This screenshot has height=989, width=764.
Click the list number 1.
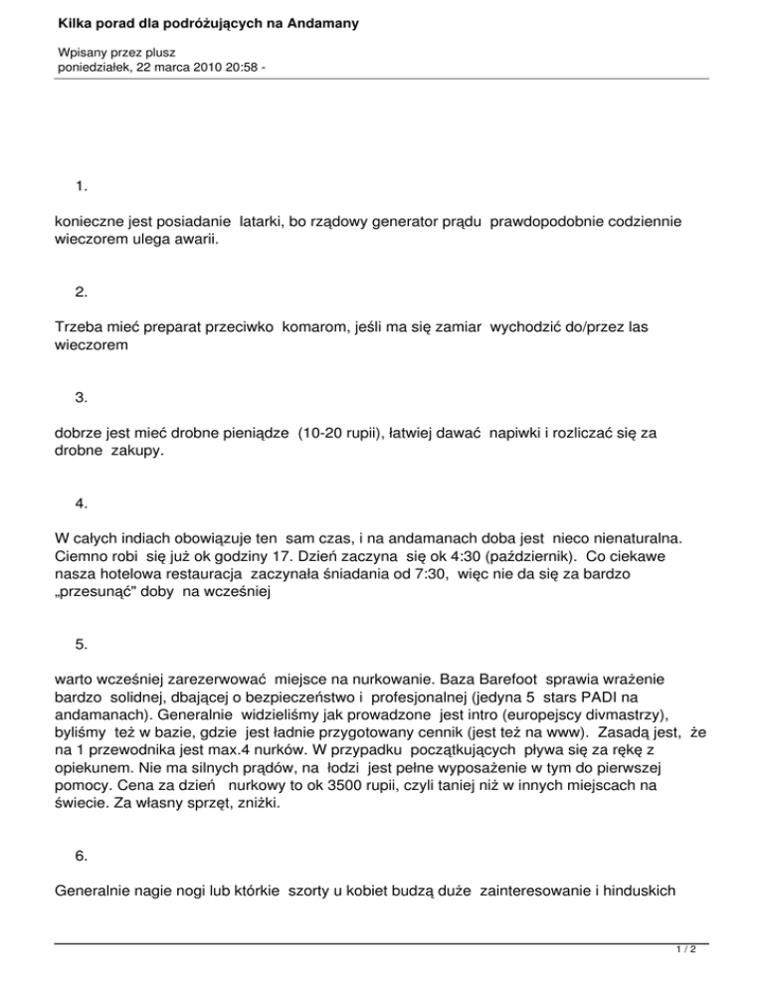click(x=81, y=186)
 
